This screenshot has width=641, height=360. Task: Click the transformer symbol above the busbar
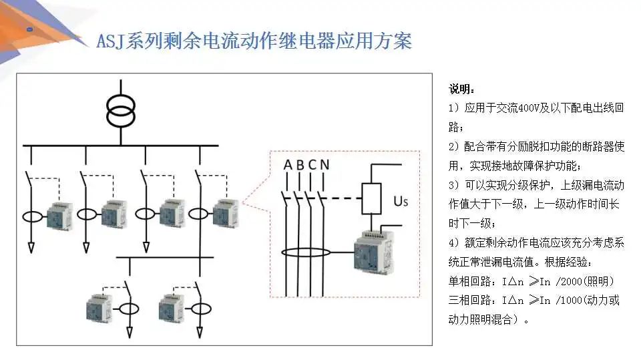tap(121, 112)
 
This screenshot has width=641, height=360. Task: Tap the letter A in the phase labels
tap(288, 164)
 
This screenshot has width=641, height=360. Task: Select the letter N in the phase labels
tap(324, 164)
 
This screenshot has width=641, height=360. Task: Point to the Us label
tap(401, 200)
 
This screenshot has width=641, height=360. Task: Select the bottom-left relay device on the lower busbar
tap(101, 308)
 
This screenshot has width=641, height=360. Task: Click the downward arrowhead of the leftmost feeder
tap(31, 248)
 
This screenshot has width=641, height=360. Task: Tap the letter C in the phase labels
tap(312, 164)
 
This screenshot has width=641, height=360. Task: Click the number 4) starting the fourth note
tap(453, 243)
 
